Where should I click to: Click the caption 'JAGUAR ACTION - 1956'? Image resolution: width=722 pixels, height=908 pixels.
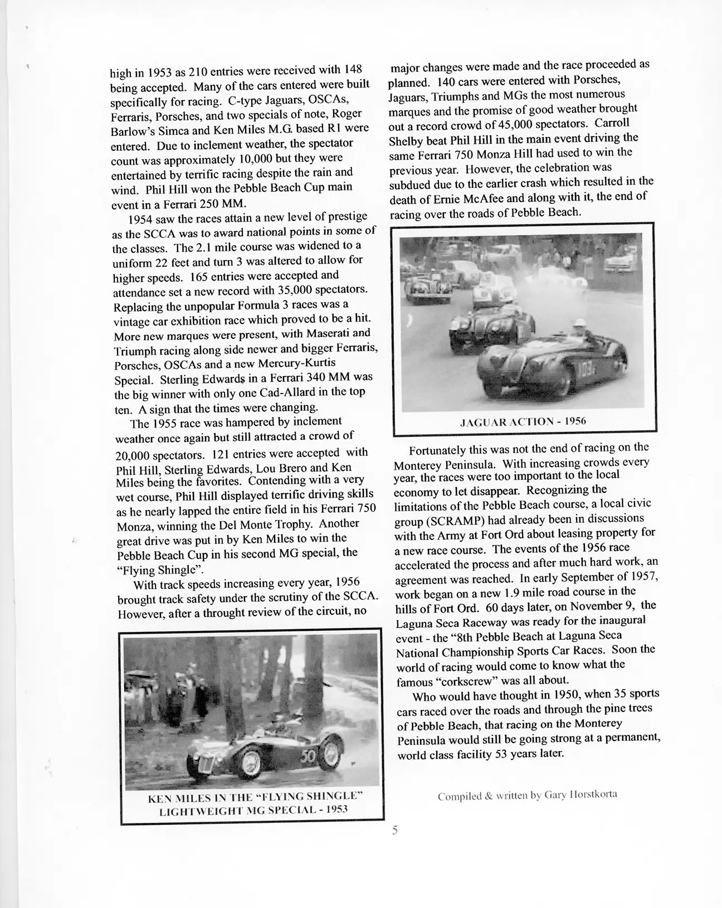coord(523,421)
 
